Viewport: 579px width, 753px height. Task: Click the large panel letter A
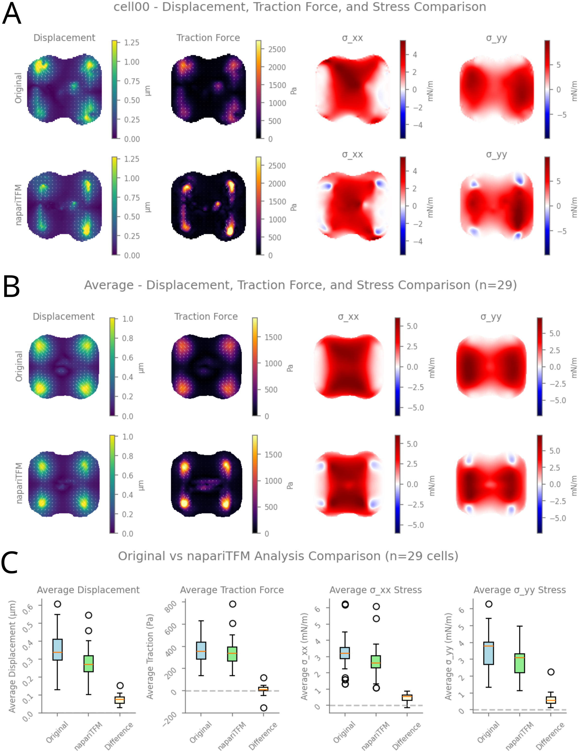coord(12,14)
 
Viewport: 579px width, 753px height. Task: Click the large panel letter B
coord(11,286)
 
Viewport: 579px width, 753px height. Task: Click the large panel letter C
coord(10,562)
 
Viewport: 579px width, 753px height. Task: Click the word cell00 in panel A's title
coord(131,7)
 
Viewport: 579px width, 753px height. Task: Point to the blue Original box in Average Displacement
coord(57,650)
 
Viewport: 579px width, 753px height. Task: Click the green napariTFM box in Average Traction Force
coord(232,654)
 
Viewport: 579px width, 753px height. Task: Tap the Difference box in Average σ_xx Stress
coord(407,697)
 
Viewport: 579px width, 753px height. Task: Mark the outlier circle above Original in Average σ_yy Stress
coord(489,604)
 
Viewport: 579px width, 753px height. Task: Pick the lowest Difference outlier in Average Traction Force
coord(264,708)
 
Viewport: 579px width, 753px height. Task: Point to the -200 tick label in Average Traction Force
coord(169,719)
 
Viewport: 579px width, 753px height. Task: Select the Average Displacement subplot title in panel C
coord(88,590)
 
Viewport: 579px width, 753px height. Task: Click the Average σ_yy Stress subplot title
coord(520,590)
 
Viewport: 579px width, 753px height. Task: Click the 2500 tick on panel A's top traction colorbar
coord(277,49)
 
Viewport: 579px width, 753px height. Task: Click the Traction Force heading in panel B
coord(206,316)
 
